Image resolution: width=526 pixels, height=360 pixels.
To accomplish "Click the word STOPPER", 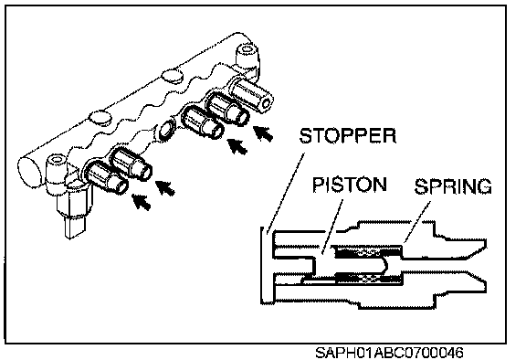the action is pyautogui.click(x=348, y=135).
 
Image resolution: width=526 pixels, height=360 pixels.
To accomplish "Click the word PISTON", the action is pyautogui.click(x=350, y=185).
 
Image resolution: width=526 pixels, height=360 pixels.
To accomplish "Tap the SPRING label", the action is pyautogui.click(x=453, y=186).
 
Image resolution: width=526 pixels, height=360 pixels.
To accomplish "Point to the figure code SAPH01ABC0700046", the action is pyautogui.click(x=389, y=353).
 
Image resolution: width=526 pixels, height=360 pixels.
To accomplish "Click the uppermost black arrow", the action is pyautogui.click(x=263, y=133).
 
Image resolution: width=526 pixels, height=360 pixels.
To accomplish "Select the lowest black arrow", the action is pyautogui.click(x=142, y=202).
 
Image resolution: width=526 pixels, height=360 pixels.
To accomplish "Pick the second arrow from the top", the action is pyautogui.click(x=237, y=146).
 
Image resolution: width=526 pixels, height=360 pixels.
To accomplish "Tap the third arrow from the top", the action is pyautogui.click(x=165, y=187).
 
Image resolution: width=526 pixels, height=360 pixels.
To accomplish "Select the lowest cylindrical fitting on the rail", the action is pyautogui.click(x=106, y=178).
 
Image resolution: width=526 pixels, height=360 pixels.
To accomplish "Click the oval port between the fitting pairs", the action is pyautogui.click(x=166, y=128).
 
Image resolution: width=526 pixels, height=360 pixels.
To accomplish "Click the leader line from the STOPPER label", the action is pyautogui.click(x=286, y=193).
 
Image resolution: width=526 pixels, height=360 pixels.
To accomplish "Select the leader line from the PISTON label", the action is pyautogui.click(x=331, y=226).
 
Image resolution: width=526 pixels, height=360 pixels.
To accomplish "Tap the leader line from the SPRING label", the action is pyautogui.click(x=417, y=221).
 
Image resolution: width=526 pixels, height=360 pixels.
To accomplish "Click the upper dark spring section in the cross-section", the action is pyautogui.click(x=368, y=251).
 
